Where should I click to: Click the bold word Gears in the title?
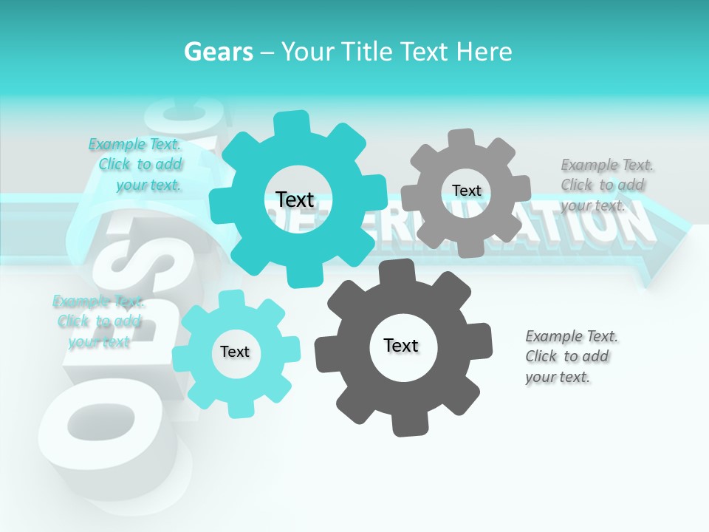[218, 52]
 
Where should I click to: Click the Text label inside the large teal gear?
[295, 199]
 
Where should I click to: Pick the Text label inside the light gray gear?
[466, 191]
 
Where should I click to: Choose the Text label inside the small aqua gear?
[235, 352]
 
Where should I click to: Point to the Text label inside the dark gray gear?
[401, 345]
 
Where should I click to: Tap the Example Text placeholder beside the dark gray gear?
[570, 356]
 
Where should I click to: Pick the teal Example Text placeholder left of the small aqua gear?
[98, 321]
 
